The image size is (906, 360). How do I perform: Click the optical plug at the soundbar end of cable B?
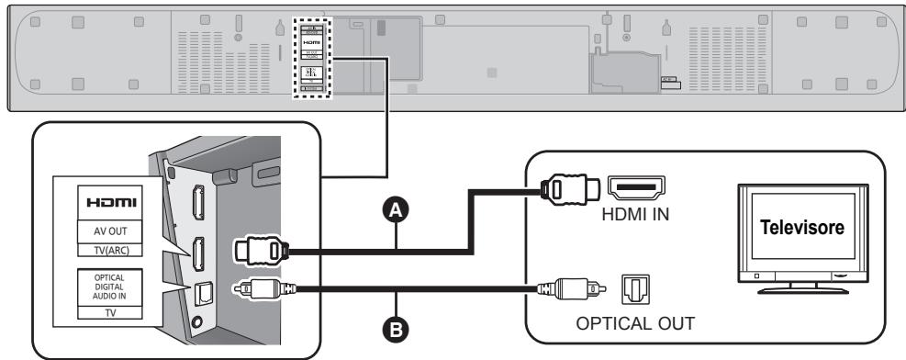(x=262, y=289)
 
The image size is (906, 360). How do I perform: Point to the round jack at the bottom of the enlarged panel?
(x=200, y=322)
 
